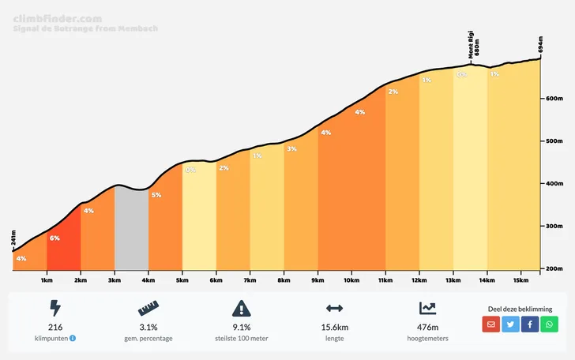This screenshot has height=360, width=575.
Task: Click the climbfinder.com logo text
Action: click(x=57, y=17)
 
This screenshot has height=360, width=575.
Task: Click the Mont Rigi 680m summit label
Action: click(x=472, y=47)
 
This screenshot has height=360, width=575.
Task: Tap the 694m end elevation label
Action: click(x=540, y=45)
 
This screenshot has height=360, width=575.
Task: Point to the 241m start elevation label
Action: click(x=13, y=238)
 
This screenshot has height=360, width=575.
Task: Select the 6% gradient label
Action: click(x=54, y=238)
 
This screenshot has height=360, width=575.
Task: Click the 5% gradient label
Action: click(x=156, y=195)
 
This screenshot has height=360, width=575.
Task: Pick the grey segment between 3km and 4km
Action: click(x=131, y=229)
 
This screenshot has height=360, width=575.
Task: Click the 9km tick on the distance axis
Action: click(x=318, y=280)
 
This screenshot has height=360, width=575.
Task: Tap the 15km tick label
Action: click(x=521, y=280)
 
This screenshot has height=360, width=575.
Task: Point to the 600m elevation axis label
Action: click(x=553, y=99)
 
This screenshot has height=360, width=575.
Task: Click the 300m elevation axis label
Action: click(x=553, y=227)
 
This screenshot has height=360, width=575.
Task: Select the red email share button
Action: click(x=490, y=324)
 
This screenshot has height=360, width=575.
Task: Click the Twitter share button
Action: click(x=510, y=324)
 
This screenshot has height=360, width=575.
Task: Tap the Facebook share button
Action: click(x=530, y=324)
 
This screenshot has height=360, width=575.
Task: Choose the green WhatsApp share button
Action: click(x=549, y=324)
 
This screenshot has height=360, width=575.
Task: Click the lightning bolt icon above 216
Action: click(x=55, y=308)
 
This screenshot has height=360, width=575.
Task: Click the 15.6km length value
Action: click(x=334, y=327)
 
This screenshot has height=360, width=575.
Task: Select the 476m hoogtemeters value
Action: click(x=427, y=327)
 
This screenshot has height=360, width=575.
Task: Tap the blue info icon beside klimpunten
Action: click(x=73, y=339)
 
